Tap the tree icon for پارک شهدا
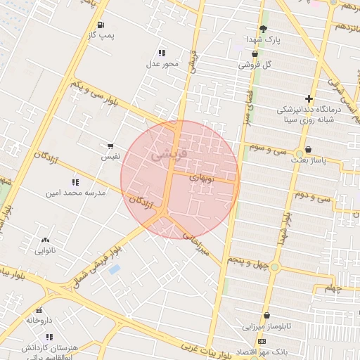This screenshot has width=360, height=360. [x=263, y=29]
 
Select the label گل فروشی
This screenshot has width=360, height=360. [x=254, y=64]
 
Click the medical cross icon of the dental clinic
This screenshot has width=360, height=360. [x=309, y=98]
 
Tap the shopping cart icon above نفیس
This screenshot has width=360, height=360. [x=110, y=147]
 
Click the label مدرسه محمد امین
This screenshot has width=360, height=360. [x=75, y=192]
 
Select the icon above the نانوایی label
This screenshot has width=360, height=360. [x=46, y=240]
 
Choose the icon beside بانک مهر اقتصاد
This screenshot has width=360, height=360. [x=262, y=341]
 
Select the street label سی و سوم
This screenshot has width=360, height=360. [x=271, y=150]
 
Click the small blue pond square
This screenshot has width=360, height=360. [x=115, y=269]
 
